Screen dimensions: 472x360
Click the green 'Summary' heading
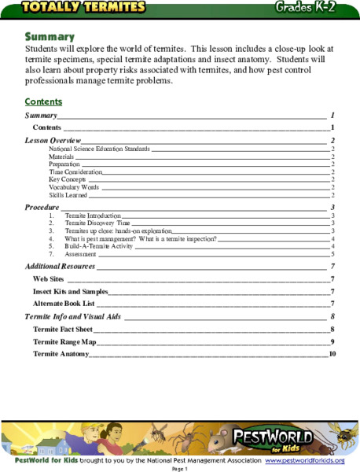pyautogui.click(x=50, y=37)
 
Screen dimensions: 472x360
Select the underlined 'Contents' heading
pyautogui.click(x=43, y=102)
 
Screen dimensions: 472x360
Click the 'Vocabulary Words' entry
pyautogui.click(x=74, y=187)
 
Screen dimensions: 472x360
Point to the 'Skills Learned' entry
pyautogui.click(x=69, y=195)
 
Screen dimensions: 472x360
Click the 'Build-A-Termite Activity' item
pyautogui.click(x=101, y=247)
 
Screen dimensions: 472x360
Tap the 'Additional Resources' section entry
pyautogui.click(x=60, y=267)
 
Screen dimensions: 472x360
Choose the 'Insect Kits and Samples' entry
pyautogui.click(x=69, y=291)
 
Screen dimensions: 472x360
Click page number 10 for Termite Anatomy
pyautogui.click(x=332, y=355)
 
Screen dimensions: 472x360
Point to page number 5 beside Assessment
pyautogui.click(x=333, y=255)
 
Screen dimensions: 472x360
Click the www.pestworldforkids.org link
pyautogui.click(x=304, y=459)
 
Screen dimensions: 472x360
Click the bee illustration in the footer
pyautogui.click(x=343, y=437)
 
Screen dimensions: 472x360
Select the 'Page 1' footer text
pyautogui.click(x=179, y=468)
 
